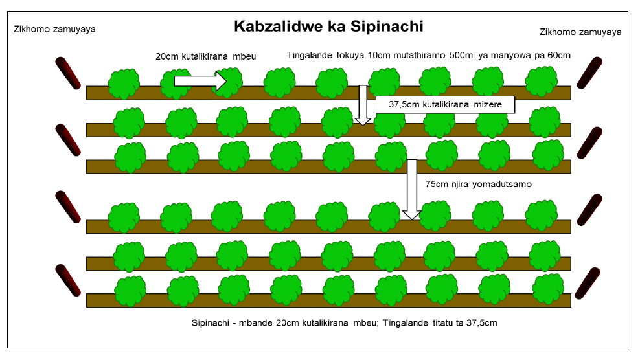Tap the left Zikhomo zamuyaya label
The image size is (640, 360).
click(54, 29)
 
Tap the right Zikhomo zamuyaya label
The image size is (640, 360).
click(580, 32)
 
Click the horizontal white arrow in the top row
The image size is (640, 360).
click(200, 82)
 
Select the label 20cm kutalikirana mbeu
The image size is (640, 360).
click(206, 56)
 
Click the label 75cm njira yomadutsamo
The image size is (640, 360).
click(478, 185)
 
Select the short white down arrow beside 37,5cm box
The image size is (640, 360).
click(363, 104)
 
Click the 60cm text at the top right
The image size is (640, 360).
click(558, 56)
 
